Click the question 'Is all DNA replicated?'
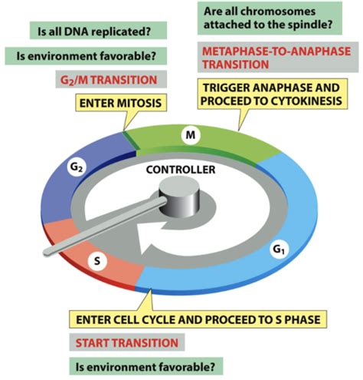pyautogui.click(x=93, y=32)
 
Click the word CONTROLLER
pyautogui.click(x=181, y=170)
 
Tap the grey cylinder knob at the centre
pyautogui.click(x=181, y=201)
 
